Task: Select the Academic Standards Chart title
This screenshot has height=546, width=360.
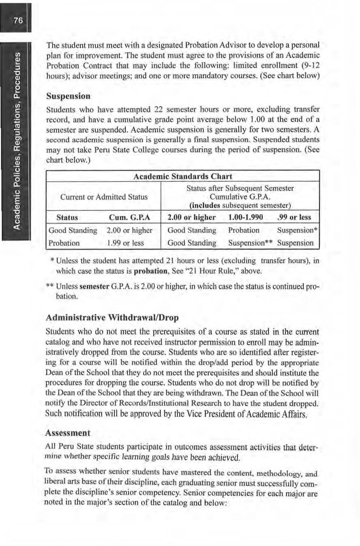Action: pos(183,176)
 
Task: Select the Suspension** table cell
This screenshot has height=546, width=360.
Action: pos(247,244)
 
